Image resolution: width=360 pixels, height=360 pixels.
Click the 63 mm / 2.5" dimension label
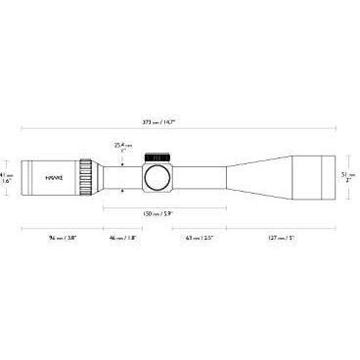point(199,238)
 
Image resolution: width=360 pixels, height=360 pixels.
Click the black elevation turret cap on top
point(157,156)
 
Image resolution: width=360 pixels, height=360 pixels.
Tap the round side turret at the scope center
point(157,177)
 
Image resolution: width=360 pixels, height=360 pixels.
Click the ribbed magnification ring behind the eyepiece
point(87,177)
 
